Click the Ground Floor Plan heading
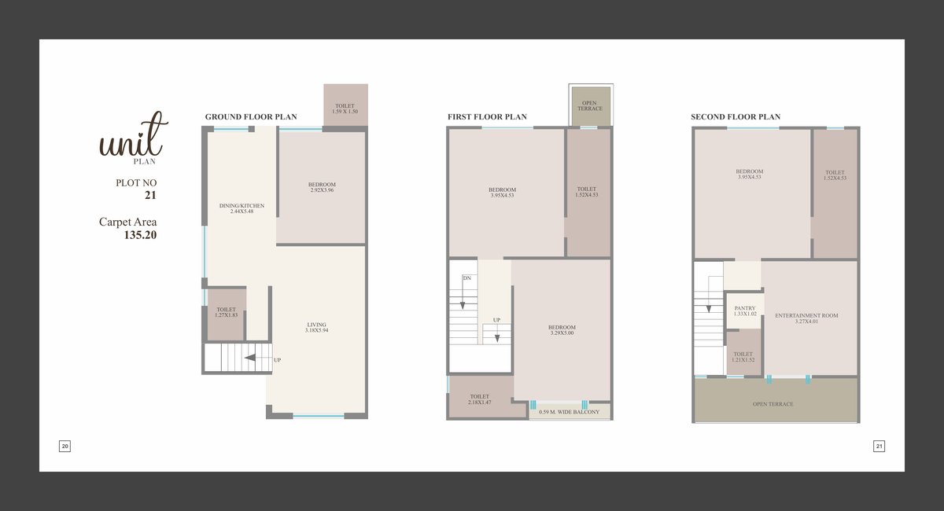tap(251, 116)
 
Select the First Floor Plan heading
tap(487, 116)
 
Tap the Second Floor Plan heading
tap(736, 116)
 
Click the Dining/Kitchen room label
tap(242, 208)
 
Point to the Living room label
tap(316, 327)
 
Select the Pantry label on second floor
tap(745, 311)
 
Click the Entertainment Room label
tap(806, 318)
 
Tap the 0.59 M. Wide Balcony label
tap(569, 412)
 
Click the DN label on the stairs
tap(467, 278)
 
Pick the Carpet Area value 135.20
tap(140, 235)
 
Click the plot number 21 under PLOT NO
tap(150, 195)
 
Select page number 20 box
tap(65, 446)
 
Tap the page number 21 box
tap(879, 446)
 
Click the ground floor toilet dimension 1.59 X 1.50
tap(345, 112)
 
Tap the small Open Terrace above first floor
tap(590, 106)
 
